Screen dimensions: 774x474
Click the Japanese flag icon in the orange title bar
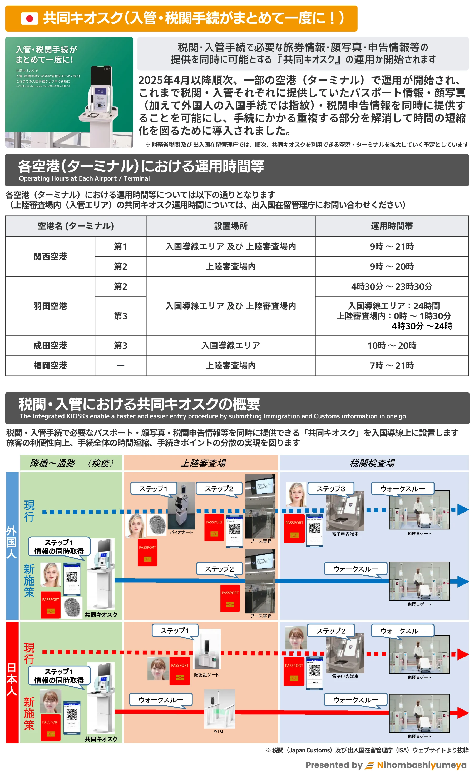29,18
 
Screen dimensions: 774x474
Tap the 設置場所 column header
231,226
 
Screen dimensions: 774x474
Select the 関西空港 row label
50,256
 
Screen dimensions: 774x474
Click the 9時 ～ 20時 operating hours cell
391,266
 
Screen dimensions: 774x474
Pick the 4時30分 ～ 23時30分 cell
391,286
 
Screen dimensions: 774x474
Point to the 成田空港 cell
50,345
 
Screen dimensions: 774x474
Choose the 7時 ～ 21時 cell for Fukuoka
391,365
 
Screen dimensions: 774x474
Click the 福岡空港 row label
50,365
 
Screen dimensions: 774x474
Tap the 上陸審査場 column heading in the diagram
203,463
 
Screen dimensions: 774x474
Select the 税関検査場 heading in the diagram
372,463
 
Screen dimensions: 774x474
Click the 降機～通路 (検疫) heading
71,463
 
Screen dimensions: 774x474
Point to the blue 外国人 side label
12,542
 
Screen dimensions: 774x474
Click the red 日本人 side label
12,680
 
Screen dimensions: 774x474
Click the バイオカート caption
181,532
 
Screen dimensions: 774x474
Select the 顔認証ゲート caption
206,675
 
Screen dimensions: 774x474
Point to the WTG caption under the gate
218,731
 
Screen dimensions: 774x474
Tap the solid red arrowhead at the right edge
463,713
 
